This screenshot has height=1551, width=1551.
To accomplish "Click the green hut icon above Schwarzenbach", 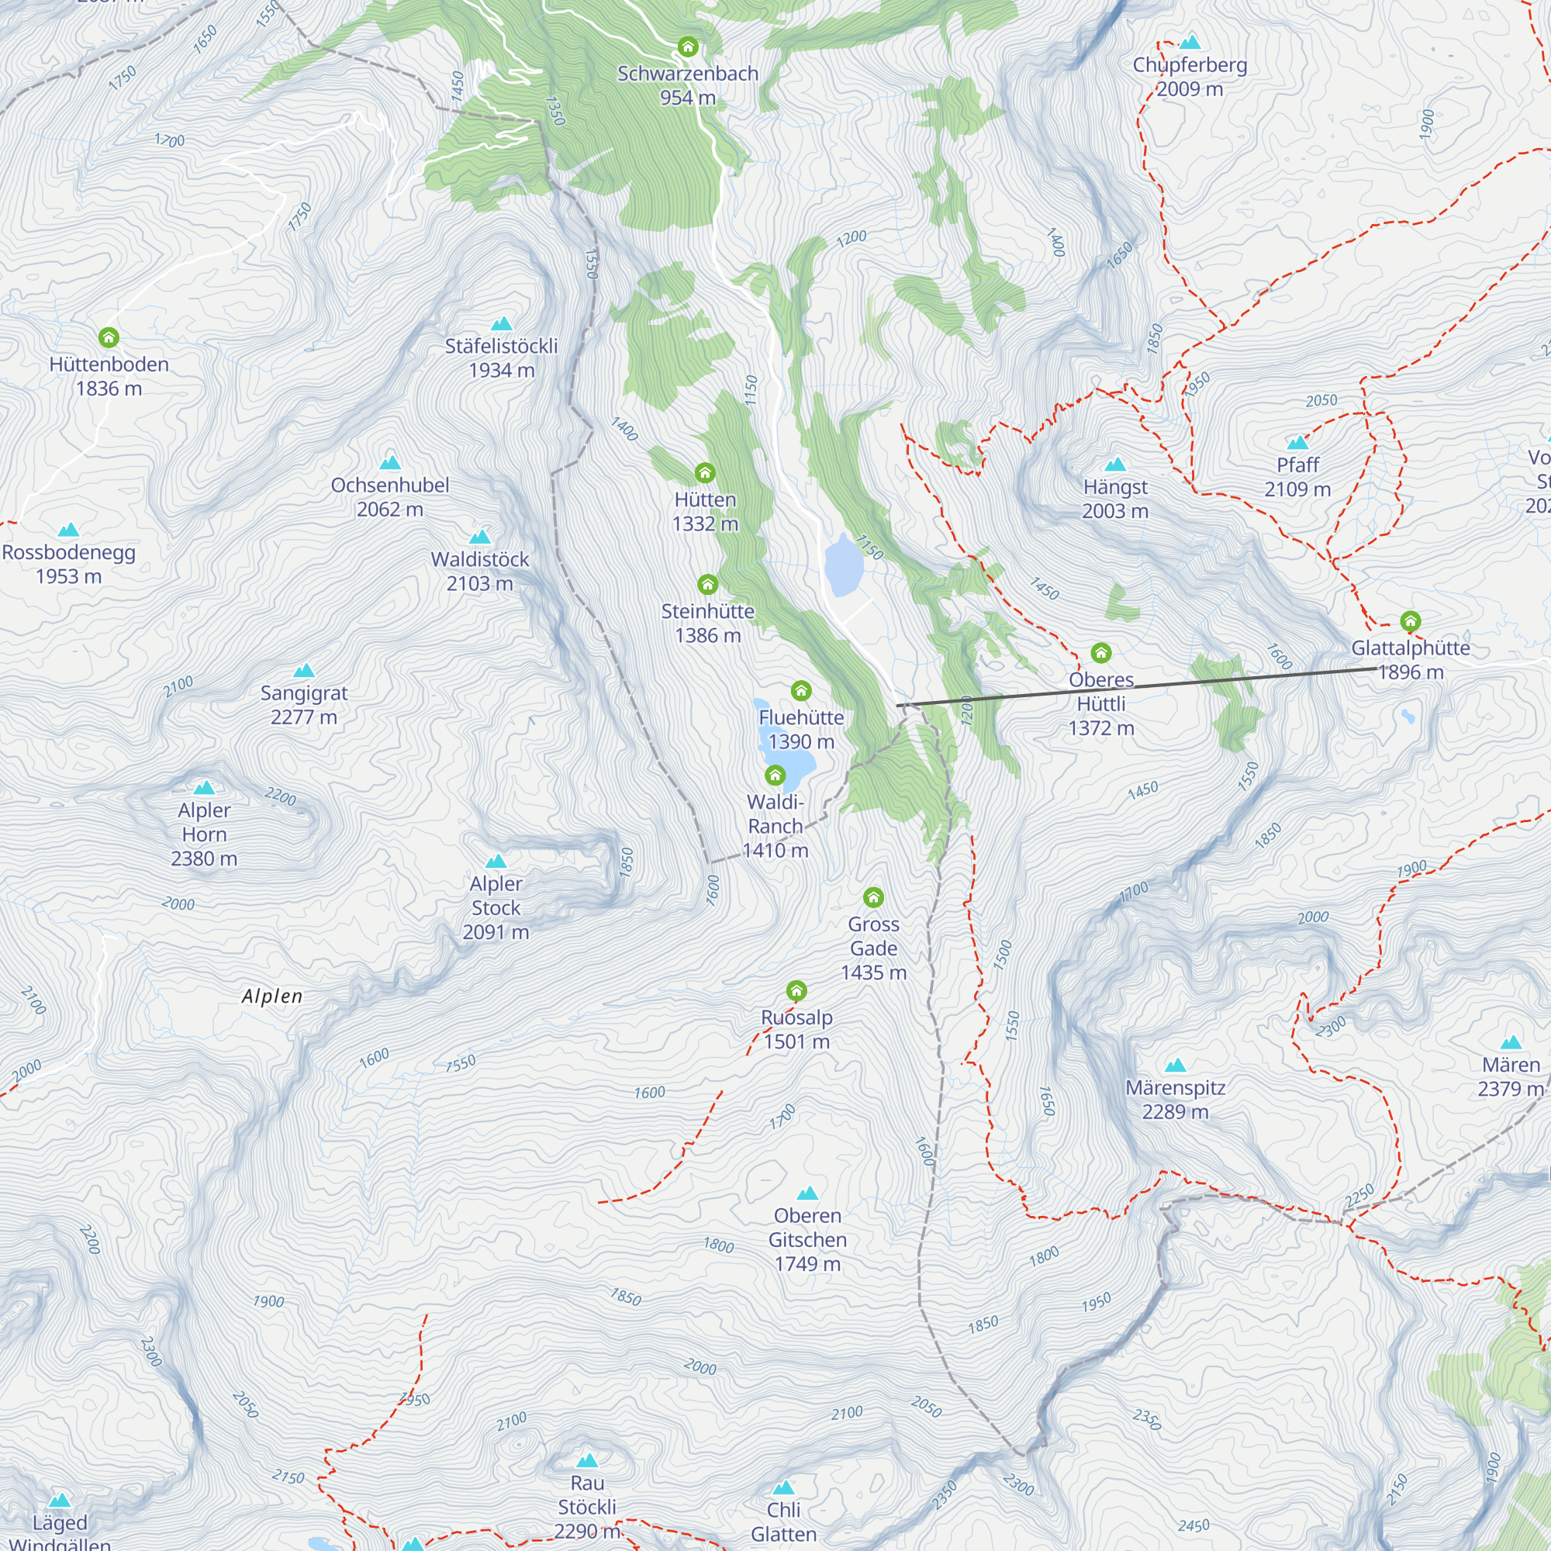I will click(x=687, y=47).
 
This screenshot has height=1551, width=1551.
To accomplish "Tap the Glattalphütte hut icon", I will click(x=1410, y=620).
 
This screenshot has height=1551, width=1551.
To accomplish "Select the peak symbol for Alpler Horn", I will click(x=204, y=788).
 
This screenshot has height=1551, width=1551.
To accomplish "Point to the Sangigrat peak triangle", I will click(x=303, y=670).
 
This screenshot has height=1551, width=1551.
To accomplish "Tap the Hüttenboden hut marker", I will click(x=109, y=337).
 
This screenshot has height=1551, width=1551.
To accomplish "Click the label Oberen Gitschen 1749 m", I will click(x=807, y=1238).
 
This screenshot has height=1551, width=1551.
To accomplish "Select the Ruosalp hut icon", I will click(x=796, y=990).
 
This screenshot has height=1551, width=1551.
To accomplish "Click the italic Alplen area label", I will click(x=272, y=997).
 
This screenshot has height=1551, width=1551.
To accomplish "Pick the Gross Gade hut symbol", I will click(x=872, y=896).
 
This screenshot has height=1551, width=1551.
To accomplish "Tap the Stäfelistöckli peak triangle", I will click(x=501, y=323).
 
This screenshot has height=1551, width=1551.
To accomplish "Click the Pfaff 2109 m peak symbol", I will click(x=1297, y=442).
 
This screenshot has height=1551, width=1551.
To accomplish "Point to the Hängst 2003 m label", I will click(x=1114, y=499).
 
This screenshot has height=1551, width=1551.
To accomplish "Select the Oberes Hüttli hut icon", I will click(x=1100, y=653).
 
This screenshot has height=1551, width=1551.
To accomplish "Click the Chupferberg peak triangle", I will click(x=1190, y=42).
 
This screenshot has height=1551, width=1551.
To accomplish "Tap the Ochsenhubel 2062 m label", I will click(x=389, y=497).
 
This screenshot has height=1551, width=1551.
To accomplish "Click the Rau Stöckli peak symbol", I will click(x=587, y=1460).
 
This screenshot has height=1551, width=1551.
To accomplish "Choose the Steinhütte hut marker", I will click(x=707, y=584).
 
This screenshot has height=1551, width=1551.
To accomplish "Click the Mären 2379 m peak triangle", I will click(x=1511, y=1042).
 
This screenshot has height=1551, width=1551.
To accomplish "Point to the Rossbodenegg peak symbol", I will click(x=68, y=530).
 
